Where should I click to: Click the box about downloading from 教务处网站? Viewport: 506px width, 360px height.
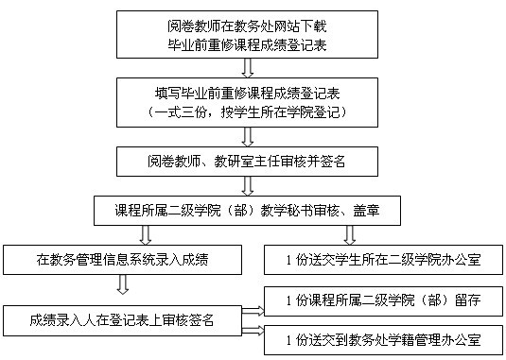click(x=247, y=34)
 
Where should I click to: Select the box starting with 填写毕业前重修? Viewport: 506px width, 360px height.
click(x=247, y=102)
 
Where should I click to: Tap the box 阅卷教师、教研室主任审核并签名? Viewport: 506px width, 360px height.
click(x=247, y=162)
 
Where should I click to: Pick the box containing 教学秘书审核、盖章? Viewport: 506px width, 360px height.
click(x=247, y=211)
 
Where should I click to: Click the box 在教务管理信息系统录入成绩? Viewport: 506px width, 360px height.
click(x=123, y=260)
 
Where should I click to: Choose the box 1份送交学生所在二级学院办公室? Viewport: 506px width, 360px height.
click(x=383, y=260)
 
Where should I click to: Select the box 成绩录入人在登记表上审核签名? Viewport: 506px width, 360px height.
click(x=123, y=320)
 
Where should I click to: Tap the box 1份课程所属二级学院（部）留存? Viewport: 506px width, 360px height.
click(x=383, y=300)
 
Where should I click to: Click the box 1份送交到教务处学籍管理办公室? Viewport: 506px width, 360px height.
click(x=383, y=340)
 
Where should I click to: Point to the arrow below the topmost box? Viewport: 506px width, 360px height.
click(x=248, y=68)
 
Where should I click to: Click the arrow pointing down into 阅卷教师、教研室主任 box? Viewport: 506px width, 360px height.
click(x=248, y=137)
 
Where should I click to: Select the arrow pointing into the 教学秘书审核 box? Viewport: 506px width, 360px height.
click(x=248, y=186)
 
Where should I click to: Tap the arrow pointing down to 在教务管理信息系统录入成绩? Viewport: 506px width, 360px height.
click(x=146, y=235)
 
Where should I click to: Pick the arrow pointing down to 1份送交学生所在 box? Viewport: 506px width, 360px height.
click(x=350, y=235)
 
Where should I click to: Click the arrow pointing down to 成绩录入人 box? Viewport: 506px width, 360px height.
click(x=123, y=284)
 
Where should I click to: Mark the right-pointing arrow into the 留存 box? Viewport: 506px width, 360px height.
click(x=253, y=311)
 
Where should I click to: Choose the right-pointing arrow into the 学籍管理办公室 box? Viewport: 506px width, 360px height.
click(x=253, y=331)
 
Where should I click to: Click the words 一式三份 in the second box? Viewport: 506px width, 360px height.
click(x=180, y=112)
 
